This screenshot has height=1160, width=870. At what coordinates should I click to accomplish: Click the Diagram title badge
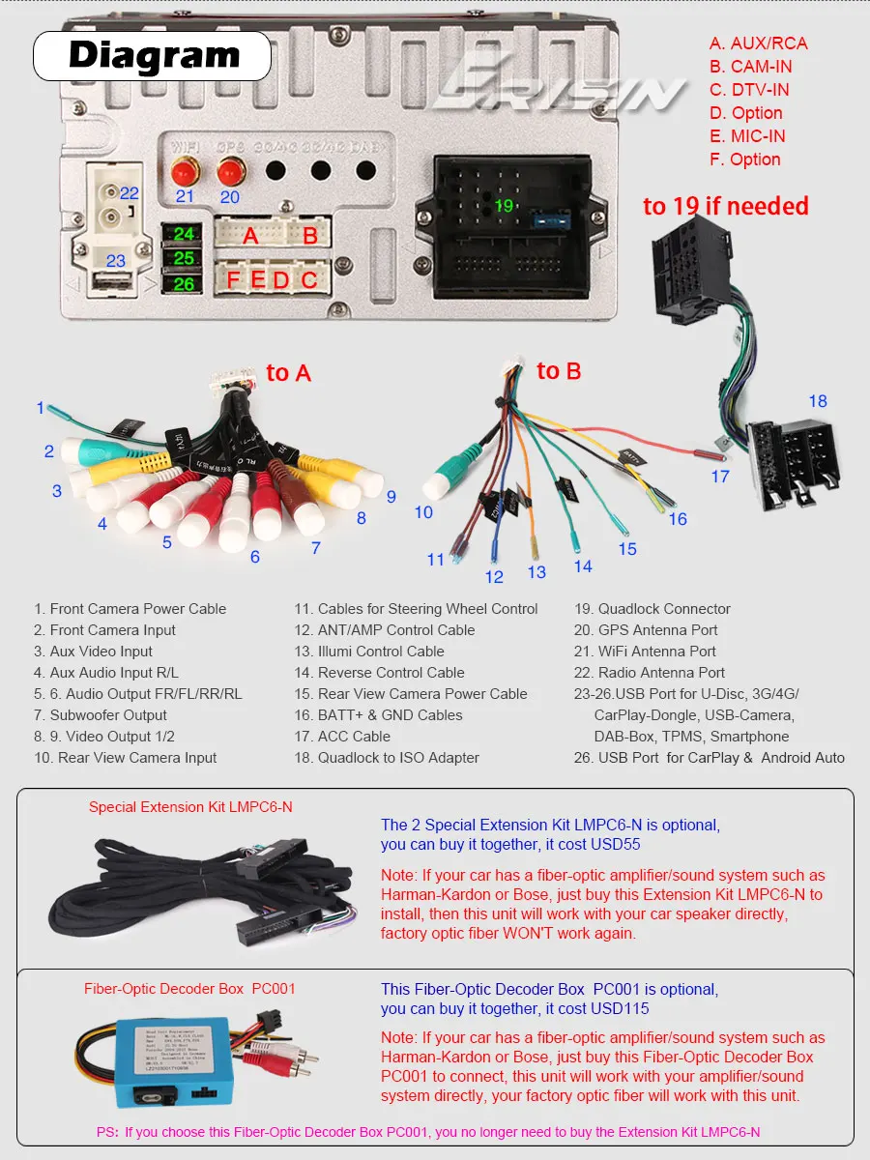[x=153, y=55]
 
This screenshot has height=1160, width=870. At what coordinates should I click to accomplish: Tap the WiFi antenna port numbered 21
[x=184, y=174]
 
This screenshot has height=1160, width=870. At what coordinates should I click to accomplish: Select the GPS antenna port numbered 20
[x=230, y=174]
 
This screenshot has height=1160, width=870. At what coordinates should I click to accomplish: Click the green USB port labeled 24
[x=184, y=235]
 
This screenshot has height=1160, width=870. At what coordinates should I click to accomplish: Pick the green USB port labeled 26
[x=184, y=284]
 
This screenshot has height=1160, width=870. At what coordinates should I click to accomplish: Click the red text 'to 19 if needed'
[x=725, y=206]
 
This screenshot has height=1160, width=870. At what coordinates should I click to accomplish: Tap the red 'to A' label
[x=288, y=373]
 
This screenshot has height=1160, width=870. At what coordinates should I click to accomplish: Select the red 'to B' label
[x=559, y=371]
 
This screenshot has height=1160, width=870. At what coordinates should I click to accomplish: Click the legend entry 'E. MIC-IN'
[x=746, y=136]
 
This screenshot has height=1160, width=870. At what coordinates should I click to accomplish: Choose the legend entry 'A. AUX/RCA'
[x=758, y=43]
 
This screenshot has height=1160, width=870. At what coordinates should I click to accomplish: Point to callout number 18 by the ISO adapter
[x=818, y=401]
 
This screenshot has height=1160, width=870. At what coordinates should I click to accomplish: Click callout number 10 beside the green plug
[x=423, y=512]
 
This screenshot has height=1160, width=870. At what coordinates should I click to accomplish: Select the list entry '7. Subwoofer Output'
[x=101, y=715]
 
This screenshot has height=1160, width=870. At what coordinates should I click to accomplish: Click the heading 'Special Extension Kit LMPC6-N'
[x=190, y=807]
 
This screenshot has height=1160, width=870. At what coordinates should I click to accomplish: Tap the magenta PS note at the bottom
[x=428, y=1132]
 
